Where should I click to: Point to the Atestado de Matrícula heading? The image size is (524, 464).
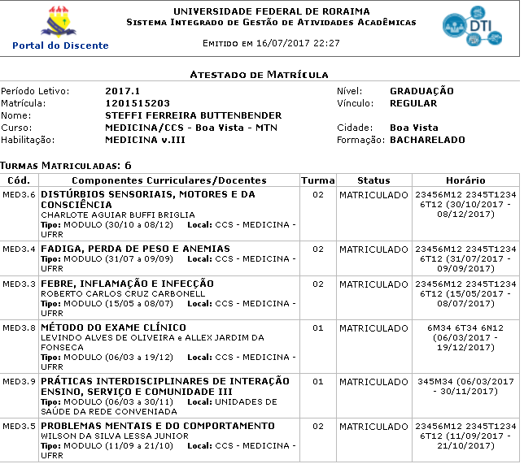click(x=259, y=74)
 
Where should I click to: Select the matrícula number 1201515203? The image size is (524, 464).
click(x=138, y=103)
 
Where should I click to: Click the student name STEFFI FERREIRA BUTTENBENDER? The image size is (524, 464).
click(x=193, y=115)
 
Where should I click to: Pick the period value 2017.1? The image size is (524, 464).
click(x=122, y=91)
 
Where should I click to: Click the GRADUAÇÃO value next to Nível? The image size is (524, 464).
click(x=421, y=91)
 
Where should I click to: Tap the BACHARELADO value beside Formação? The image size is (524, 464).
click(x=427, y=140)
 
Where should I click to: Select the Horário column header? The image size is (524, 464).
click(x=465, y=180)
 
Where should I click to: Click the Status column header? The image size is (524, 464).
click(x=373, y=180)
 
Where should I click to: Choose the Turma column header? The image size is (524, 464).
click(x=317, y=180)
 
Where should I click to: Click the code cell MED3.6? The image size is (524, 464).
click(x=20, y=195)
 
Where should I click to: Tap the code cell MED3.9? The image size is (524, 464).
click(x=20, y=381)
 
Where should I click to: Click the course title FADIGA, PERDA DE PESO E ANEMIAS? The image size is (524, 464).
click(x=135, y=249)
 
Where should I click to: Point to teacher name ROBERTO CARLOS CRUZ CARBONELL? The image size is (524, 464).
click(x=123, y=293)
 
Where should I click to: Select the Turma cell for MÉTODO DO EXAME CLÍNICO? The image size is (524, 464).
click(x=317, y=328)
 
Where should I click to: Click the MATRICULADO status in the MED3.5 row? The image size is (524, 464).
click(x=373, y=426)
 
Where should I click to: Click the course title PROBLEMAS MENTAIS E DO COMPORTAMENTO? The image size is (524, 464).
click(x=157, y=426)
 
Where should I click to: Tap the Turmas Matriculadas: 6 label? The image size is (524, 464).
click(x=66, y=165)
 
